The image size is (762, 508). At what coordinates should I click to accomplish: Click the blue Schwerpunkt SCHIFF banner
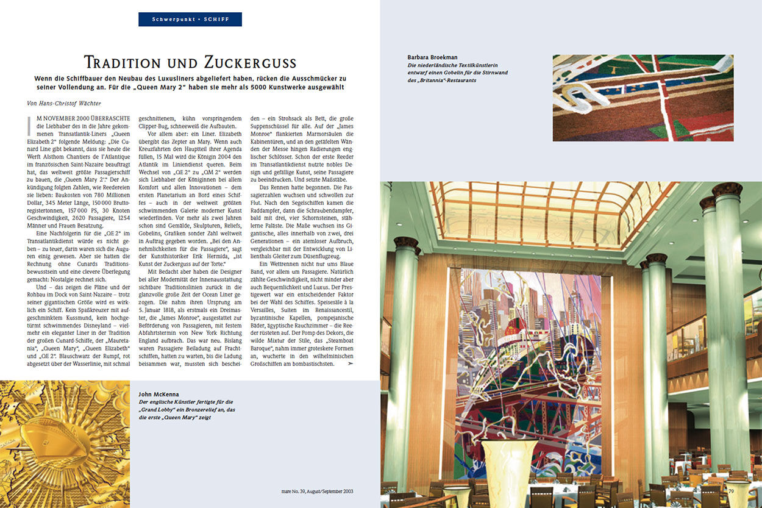point(190,19)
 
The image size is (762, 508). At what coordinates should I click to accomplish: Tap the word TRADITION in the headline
point(126,63)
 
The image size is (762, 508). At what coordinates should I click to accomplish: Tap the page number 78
point(29,490)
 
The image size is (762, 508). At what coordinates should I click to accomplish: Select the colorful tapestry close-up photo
point(643,98)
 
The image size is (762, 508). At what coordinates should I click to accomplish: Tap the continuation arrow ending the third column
point(350,363)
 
